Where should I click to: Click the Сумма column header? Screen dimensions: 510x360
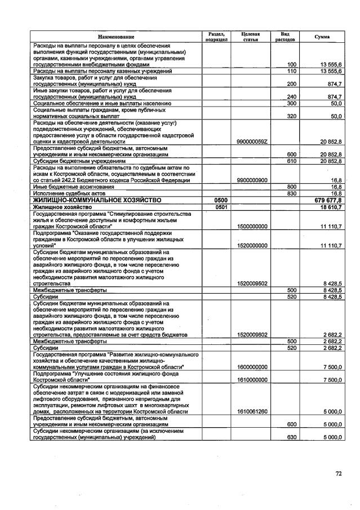pos(322,37)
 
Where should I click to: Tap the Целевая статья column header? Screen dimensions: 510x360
pos(250,37)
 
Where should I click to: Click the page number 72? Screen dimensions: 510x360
pos(339,473)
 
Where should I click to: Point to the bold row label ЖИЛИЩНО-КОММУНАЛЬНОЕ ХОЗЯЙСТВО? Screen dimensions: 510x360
pos(97,200)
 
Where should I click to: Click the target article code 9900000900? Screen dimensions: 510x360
pos(252,180)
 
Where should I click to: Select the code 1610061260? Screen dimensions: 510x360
pos(252,411)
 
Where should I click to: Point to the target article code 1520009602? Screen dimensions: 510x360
pos(252,334)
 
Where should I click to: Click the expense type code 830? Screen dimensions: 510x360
pos(292,193)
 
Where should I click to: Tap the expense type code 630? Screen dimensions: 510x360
pos(292,437)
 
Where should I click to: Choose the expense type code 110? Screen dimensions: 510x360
pos(292,72)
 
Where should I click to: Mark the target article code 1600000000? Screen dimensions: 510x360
pos(252,367)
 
